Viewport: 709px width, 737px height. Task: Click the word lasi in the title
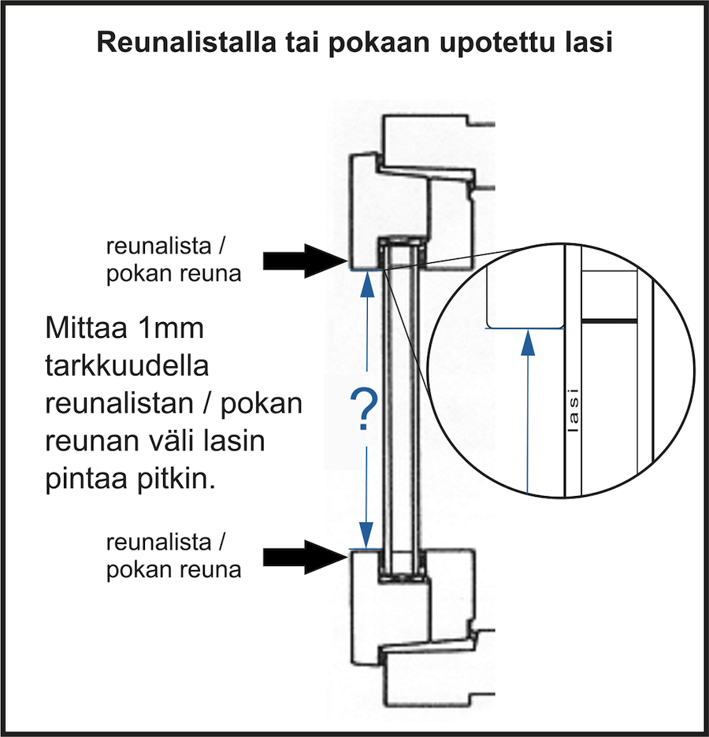click(588, 43)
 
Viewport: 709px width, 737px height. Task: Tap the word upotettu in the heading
click(494, 43)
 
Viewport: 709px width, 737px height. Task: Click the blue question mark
click(365, 409)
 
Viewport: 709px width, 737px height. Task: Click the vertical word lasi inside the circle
click(574, 409)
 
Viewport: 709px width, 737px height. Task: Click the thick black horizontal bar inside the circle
click(609, 322)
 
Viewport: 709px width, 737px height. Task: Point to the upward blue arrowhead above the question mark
click(366, 290)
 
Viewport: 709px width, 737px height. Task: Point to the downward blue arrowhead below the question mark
click(366, 530)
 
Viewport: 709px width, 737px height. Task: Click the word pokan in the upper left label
click(139, 276)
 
